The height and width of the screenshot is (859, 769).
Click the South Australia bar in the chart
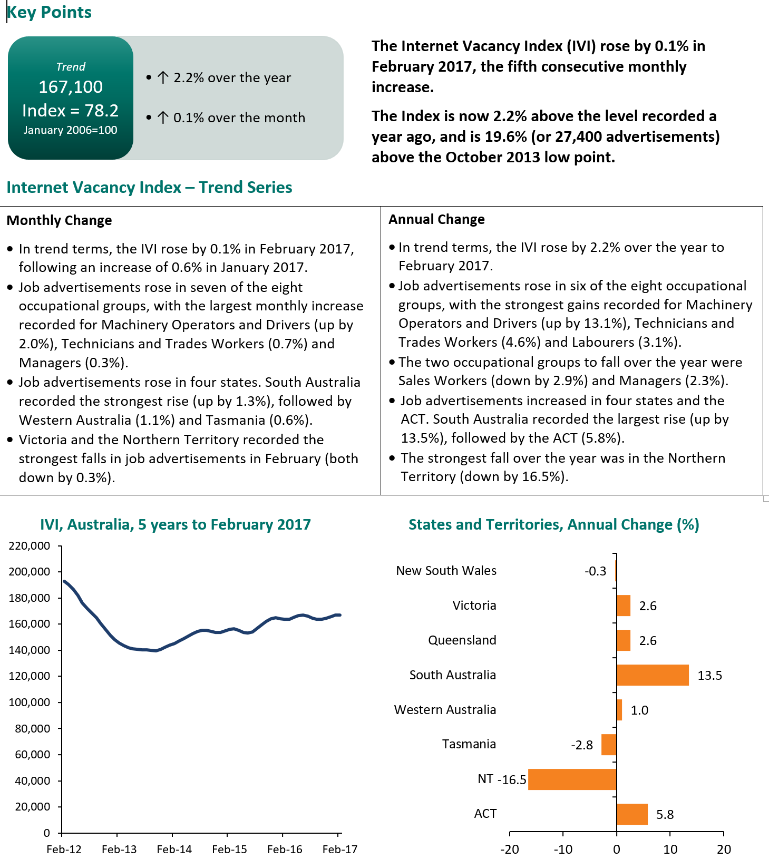tap(652, 675)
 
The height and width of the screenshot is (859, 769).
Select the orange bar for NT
tap(572, 779)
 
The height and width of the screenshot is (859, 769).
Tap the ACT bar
tap(631, 814)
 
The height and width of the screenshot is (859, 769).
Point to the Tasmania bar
tap(609, 745)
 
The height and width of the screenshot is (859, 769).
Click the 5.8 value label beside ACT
tap(665, 815)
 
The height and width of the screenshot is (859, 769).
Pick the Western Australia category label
tap(445, 710)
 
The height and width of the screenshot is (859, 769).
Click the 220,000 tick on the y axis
tap(30, 546)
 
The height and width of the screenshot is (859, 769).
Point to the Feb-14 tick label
tap(174, 850)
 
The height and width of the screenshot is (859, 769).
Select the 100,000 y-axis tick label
tap(30, 702)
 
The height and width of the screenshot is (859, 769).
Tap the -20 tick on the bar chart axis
tap(509, 850)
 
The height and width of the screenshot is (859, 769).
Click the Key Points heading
tap(49, 12)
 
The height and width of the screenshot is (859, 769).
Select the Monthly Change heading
tap(59, 220)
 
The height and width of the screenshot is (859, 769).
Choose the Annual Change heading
tap(436, 219)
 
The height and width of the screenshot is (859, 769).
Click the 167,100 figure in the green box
tap(71, 87)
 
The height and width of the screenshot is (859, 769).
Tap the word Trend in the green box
tap(71, 67)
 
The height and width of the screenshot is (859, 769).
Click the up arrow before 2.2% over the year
tap(163, 78)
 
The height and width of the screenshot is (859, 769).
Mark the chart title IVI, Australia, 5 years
tap(176, 525)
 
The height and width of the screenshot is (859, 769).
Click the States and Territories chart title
tap(553, 525)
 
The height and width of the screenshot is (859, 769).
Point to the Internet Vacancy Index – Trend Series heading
tap(149, 188)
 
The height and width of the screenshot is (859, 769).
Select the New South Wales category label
tap(446, 571)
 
